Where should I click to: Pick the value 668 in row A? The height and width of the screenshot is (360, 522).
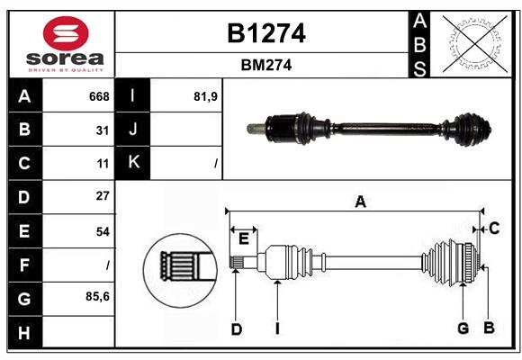click(99, 96)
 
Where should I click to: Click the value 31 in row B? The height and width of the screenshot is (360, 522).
click(103, 130)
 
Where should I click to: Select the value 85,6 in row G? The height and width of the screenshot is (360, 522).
click(97, 296)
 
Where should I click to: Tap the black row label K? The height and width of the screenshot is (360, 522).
click(134, 163)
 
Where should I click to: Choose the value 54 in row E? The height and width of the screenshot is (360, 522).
click(103, 231)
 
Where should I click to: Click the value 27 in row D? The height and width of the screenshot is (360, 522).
click(103, 196)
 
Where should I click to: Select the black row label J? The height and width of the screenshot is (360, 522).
click(134, 130)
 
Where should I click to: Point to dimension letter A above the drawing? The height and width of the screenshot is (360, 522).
click(360, 202)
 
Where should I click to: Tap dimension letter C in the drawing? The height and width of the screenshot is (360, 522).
click(494, 229)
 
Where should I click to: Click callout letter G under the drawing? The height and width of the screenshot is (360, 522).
click(463, 328)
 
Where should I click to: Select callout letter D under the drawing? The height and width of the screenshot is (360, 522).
click(237, 329)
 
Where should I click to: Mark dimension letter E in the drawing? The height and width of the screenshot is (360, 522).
click(244, 238)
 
